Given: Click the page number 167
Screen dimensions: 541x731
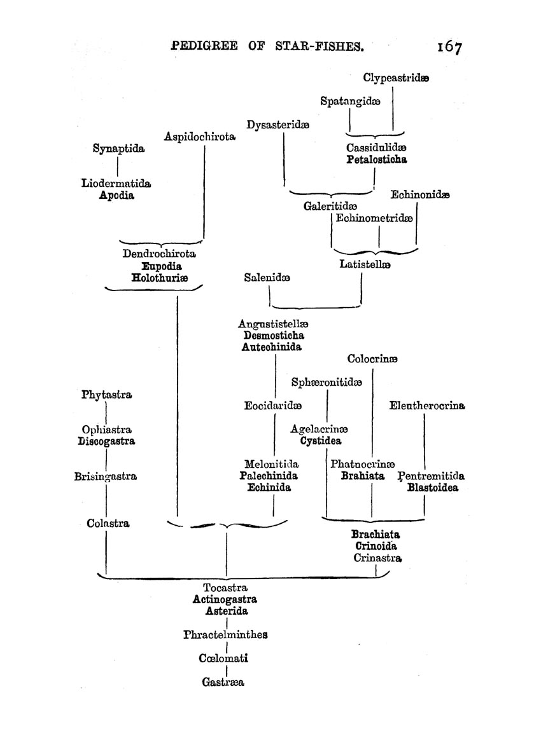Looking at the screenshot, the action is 449,46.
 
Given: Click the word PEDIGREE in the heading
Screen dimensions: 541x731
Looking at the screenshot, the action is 204,46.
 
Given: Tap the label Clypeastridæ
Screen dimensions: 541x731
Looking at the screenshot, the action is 396,78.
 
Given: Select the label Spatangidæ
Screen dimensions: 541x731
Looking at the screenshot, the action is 350,101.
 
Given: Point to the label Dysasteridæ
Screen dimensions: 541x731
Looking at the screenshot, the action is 278,125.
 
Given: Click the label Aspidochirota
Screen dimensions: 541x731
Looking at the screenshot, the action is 200,137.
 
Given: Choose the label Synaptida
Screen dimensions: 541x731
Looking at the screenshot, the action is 118,149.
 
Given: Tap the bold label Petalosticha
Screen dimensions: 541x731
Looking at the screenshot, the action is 377,160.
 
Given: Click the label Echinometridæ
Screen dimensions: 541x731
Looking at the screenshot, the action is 374,218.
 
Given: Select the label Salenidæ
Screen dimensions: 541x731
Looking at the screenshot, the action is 267,277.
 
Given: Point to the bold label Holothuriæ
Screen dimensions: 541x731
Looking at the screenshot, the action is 160,278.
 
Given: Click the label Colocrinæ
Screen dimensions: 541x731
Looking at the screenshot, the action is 372,359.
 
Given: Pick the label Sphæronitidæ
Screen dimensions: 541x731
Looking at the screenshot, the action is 327,382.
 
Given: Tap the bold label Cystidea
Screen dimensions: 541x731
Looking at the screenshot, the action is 321,441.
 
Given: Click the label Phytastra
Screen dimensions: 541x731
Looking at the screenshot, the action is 106,395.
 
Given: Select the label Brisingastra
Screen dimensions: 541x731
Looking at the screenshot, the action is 106,477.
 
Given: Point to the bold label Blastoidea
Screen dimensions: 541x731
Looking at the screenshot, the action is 433,488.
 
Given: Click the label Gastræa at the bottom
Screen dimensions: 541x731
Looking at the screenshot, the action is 223,683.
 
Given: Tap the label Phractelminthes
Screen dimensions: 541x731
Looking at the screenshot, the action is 225,634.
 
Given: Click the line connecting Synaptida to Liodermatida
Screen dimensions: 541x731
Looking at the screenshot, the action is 118,167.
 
